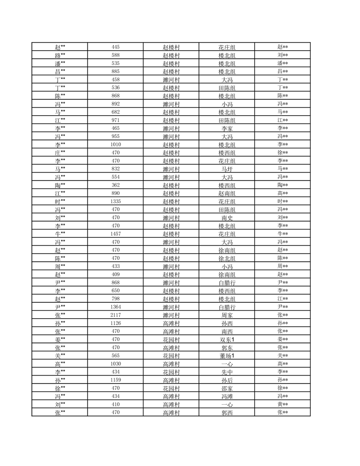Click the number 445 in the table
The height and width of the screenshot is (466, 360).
coord(116,47)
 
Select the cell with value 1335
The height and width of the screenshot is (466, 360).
coord(116,201)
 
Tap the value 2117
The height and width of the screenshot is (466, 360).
coord(116,315)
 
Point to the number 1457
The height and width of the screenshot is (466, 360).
coord(116,234)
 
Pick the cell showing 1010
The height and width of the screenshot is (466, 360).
coord(116,144)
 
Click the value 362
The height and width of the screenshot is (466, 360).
coord(116,185)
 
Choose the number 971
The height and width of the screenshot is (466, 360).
coord(116,120)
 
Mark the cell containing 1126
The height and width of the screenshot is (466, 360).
coord(116,323)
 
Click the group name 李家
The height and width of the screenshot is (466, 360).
coord(227,128)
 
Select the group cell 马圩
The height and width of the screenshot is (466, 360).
coord(227,169)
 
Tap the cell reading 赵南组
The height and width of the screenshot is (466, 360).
coord(227,193)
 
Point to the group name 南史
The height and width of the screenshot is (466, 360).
coord(227,218)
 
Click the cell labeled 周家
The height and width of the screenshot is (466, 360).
coord(227,315)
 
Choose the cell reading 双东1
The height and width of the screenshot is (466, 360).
coord(227,339)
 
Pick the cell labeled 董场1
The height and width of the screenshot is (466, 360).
coord(227,356)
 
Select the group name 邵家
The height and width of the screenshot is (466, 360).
coord(227,388)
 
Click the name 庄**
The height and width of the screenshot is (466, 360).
coord(60,153)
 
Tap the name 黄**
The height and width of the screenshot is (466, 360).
coord(283,404)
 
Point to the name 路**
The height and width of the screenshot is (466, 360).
coord(60,55)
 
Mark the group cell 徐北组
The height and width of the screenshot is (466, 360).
coord(227,258)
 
